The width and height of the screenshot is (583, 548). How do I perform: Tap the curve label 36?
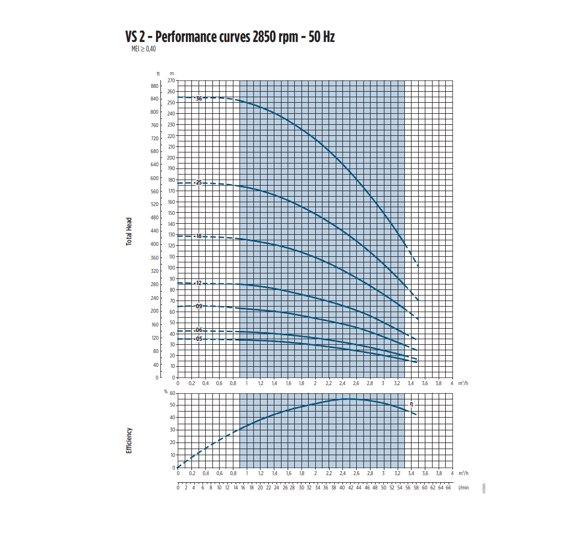coord(199,98)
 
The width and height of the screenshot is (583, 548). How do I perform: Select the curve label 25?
coord(199,182)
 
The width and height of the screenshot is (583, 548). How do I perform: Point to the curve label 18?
coord(199,236)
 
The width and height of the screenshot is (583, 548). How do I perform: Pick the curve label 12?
coord(199,283)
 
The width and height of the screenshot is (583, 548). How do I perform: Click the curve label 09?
coord(199,305)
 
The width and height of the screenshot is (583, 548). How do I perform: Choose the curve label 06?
coord(199,330)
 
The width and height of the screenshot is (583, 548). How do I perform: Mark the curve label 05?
coord(199,339)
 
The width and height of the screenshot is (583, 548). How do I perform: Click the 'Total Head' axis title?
coord(129,231)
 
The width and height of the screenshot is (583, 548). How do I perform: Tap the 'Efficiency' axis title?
coord(129,440)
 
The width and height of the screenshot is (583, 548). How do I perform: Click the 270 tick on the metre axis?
coord(171,81)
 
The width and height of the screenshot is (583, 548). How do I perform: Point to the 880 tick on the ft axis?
coord(154,86)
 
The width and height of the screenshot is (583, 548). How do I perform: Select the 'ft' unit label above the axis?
coord(158,73)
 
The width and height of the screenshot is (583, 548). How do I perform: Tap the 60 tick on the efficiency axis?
coord(172,393)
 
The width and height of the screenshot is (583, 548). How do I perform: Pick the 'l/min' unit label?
coord(464,487)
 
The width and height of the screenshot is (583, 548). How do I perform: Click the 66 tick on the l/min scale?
coord(448,487)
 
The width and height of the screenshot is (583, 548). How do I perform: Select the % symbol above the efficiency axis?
coord(165,391)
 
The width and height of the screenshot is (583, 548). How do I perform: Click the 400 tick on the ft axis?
coord(154,244)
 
